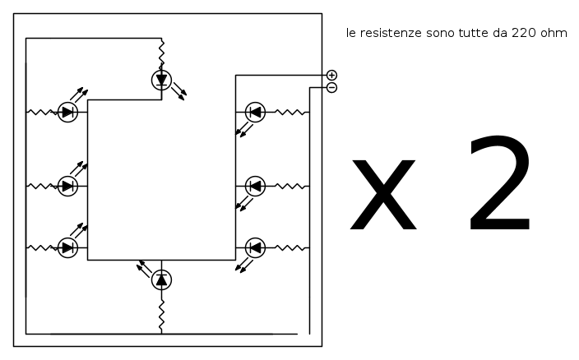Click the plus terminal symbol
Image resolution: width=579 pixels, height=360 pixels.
tap(331, 76)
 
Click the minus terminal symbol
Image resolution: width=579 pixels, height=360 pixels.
tap(331, 87)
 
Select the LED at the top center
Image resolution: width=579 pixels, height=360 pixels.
tap(161, 80)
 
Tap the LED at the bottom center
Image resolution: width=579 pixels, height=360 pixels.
tap(161, 279)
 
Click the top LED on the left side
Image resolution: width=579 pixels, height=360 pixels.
tap(67, 112)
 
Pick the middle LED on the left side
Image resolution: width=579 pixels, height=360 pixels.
tap(67, 186)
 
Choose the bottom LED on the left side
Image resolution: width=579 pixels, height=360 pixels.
tap(67, 247)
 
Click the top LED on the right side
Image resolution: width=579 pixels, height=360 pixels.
tap(255, 112)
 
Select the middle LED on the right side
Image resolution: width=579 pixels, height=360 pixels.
tap(255, 186)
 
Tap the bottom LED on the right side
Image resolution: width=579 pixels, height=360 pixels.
tap(255, 247)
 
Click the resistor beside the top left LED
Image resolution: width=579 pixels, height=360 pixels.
tap(42, 112)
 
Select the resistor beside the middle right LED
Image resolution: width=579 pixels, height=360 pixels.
tap(290, 186)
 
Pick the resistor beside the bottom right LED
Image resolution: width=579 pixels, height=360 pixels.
tap(290, 247)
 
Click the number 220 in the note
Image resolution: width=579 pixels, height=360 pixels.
tap(524, 33)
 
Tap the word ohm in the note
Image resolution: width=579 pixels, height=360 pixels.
tap(554, 33)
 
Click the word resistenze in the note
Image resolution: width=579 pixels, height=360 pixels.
tap(391, 33)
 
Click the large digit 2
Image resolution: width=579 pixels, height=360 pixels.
tap(499, 183)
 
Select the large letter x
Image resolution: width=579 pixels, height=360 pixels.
tap(383, 195)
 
